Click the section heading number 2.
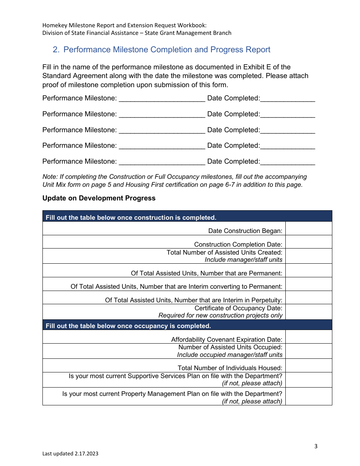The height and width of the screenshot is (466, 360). pos(56,50)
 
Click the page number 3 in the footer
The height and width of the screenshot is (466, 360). pos(316,446)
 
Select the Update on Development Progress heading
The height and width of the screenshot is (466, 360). pos(99,198)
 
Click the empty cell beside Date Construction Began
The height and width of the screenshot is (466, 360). pos(308,228)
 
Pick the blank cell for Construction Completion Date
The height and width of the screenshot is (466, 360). pos(308,242)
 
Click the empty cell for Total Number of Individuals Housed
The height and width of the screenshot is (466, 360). pos(308,366)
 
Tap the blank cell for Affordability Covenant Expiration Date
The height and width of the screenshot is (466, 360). pos(308,337)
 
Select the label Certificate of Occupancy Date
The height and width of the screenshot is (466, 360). pos(238,308)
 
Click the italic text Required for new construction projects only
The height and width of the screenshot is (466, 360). pos(220,315)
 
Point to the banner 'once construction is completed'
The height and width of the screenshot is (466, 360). pos(131,217)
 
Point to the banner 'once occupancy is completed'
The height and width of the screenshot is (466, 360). pos(128,326)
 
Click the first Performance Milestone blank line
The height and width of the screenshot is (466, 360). pos(162,99)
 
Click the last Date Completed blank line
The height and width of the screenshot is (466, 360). pos(288,162)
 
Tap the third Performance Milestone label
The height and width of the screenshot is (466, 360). pos(80,130)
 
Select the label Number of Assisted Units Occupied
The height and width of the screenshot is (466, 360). pos(230,347)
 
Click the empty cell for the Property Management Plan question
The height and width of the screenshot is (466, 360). pos(308,397)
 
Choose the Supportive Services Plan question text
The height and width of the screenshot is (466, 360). pos(175,376)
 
